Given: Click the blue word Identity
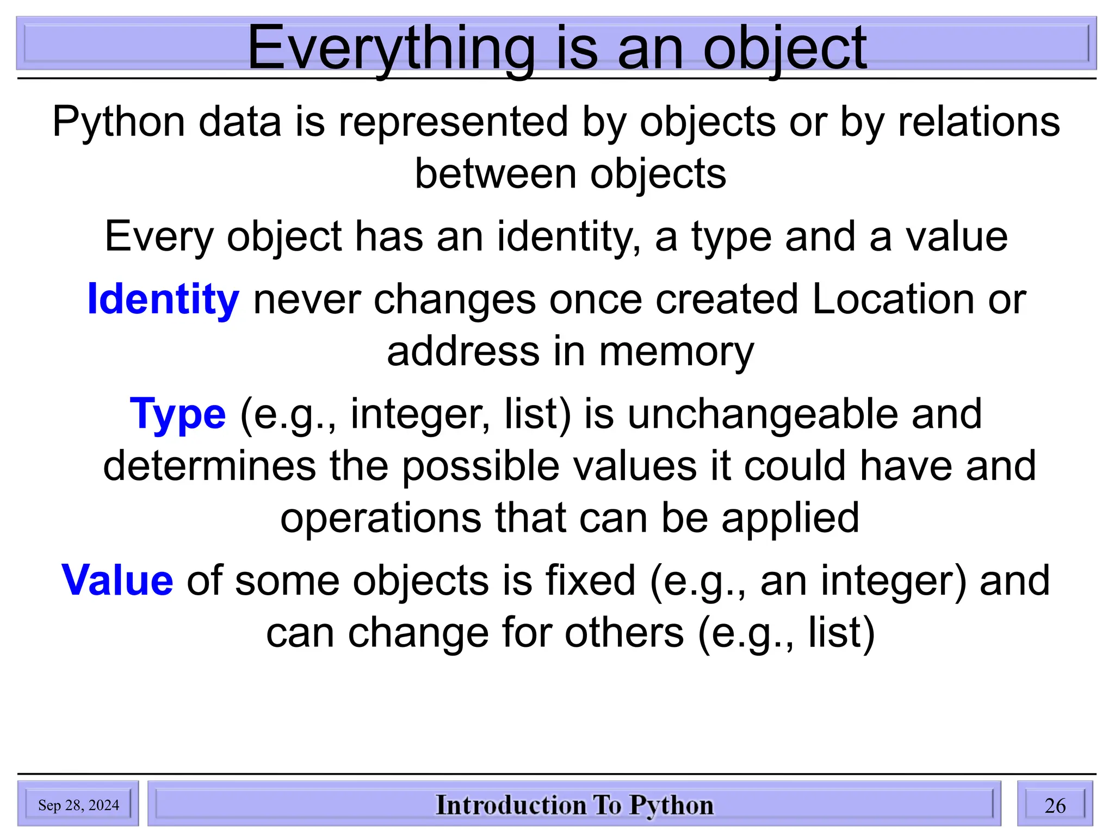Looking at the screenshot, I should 163,300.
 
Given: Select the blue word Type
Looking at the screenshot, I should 178,414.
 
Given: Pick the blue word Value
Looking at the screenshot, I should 117,581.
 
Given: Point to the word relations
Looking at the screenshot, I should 979,122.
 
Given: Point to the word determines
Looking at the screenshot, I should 209,466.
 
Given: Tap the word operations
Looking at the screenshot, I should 381,518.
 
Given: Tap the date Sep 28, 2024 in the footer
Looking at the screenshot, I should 78,805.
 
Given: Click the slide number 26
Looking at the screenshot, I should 1055,805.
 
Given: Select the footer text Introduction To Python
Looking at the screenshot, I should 574,805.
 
